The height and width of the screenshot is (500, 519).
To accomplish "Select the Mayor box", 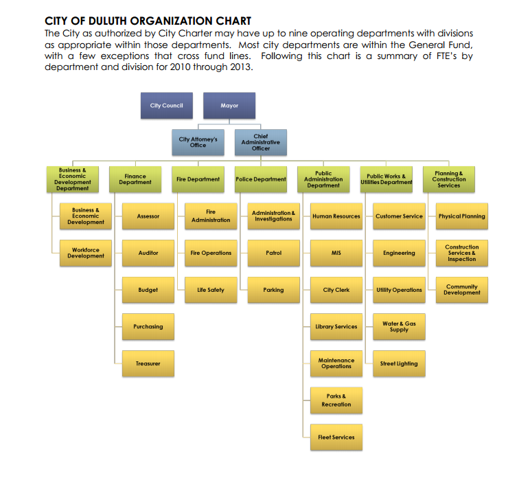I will click(229, 106).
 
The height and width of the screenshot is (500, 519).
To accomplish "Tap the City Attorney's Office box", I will click(198, 142).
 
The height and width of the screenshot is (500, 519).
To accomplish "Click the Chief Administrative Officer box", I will click(261, 142).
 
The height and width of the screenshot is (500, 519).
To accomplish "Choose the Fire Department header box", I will click(198, 179).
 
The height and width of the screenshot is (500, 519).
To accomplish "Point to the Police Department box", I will click(261, 179).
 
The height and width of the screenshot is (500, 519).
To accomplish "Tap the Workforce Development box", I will click(85, 253).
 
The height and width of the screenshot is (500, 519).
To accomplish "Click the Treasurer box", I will click(148, 363).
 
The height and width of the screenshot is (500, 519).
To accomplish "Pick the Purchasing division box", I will click(148, 327).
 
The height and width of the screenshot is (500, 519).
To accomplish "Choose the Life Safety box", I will click(211, 290).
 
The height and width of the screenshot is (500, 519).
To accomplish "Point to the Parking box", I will click(273, 290).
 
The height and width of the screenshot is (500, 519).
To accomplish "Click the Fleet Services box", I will click(336, 437).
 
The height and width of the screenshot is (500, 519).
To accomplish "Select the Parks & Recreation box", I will click(336, 400).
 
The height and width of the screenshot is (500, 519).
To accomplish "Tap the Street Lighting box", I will click(399, 363).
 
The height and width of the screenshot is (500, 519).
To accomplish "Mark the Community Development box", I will click(462, 290).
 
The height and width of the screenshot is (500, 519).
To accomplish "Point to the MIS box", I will click(336, 253).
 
